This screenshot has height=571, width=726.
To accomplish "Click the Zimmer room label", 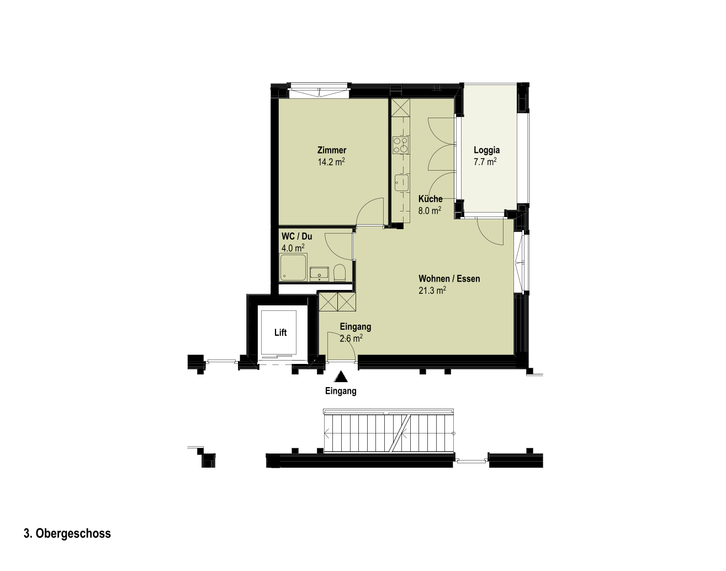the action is point(332,150).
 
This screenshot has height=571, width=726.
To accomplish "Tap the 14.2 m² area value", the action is point(331,162).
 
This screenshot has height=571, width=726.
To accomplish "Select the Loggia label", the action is point(486,150).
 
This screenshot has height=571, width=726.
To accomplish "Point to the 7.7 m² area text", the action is point(485,162).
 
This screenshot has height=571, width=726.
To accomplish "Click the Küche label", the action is point(431,199).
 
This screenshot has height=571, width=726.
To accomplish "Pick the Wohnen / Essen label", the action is point(449,279).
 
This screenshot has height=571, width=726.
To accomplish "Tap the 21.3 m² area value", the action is point(432,290).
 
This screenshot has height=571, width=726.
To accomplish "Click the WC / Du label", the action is point(297,236).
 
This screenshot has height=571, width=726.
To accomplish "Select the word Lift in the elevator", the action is point(280,333).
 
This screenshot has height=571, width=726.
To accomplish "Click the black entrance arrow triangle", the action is point(341,377).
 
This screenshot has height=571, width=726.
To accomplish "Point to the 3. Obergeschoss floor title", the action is point(67,533).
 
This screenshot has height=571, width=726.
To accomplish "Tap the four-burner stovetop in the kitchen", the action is point(401,145).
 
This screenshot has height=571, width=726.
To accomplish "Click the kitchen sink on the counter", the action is point(401,183).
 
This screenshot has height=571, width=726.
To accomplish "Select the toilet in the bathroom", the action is point(340,273).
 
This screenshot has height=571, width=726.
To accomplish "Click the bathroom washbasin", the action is point(320,274).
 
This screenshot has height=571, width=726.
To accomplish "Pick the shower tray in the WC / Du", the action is point(293,268).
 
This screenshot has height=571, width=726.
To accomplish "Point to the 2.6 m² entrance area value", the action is point(351,339).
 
